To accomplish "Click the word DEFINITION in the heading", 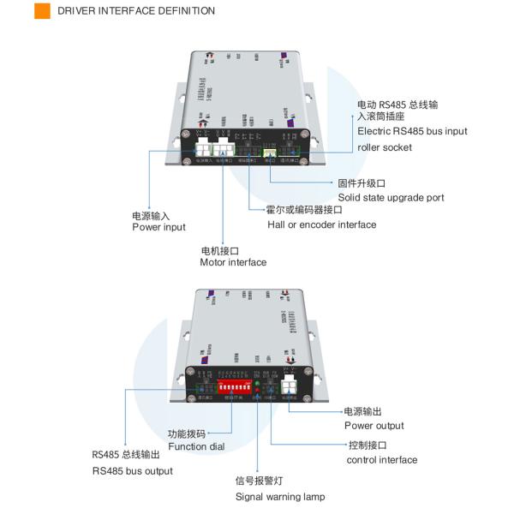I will pyautogui.click(x=180, y=11).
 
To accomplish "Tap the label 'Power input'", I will pyautogui.click(x=158, y=227).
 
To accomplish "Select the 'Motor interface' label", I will pyautogui.click(x=233, y=262).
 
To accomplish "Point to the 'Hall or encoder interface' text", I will pyautogui.click(x=321, y=224).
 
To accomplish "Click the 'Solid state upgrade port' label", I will pyautogui.click(x=391, y=197).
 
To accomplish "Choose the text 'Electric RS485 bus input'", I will pyautogui.click(x=412, y=131).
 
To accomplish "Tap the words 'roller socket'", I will pyautogui.click(x=385, y=147).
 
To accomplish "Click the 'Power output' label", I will pyautogui.click(x=374, y=426).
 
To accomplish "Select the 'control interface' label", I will pyautogui.click(x=382, y=460).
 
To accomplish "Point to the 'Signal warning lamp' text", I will pyautogui.click(x=280, y=497).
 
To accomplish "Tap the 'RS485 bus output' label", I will pyautogui.click(x=132, y=471).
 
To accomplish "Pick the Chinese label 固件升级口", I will pyautogui.click(x=362, y=183).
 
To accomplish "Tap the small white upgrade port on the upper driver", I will pyautogui.click(x=270, y=154).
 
